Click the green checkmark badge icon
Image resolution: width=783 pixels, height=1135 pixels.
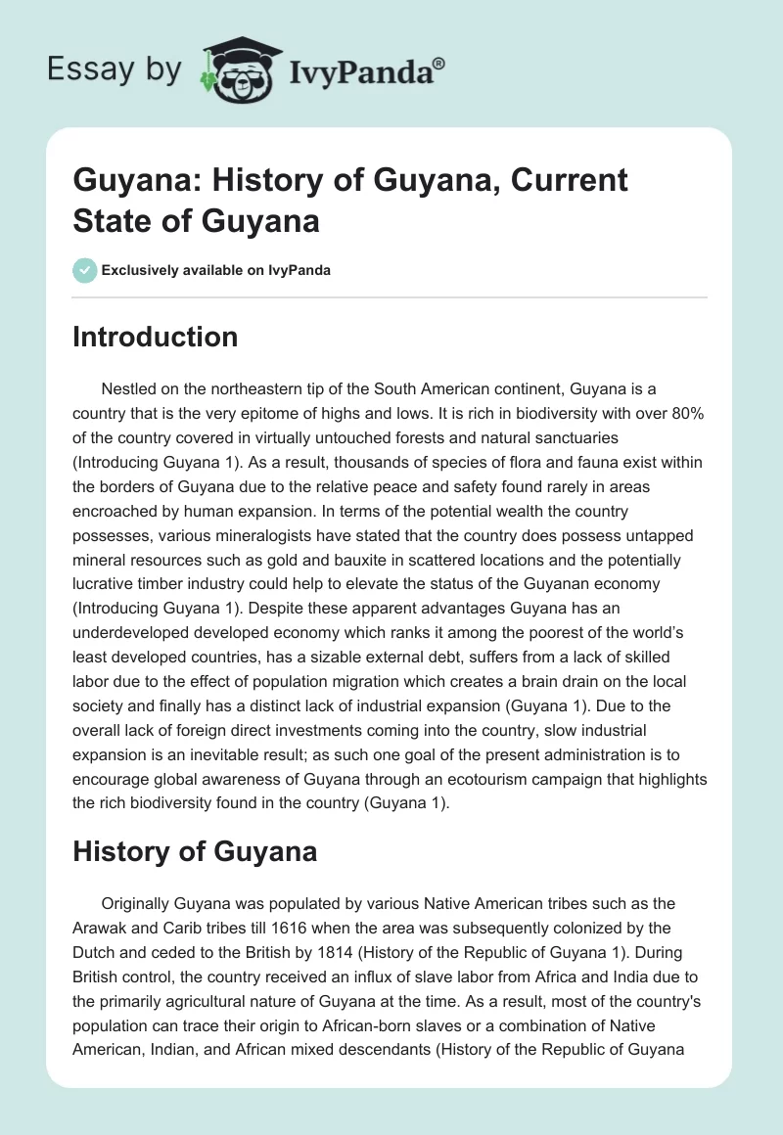click(84, 270)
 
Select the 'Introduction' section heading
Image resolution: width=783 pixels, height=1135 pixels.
click(155, 337)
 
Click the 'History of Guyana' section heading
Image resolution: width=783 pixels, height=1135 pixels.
click(195, 850)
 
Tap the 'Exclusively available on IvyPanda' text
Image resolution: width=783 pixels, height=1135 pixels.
click(218, 270)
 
